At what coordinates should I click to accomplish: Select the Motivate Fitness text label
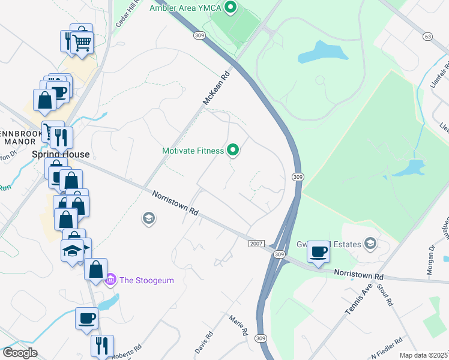193,151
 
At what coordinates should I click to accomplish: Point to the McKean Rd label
216,88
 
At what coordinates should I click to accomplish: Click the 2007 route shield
256,243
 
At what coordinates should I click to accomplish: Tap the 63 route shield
427,37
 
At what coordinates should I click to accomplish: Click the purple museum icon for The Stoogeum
110,280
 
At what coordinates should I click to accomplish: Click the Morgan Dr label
430,264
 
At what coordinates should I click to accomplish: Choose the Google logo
20,353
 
